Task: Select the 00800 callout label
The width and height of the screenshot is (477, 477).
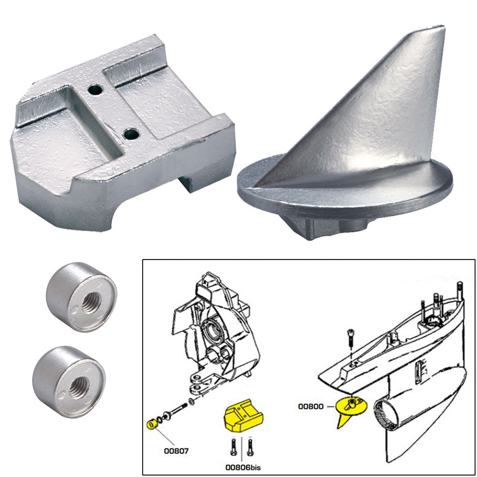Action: [x=311, y=406]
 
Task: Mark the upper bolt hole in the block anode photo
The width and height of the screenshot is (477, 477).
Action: [x=97, y=89]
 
